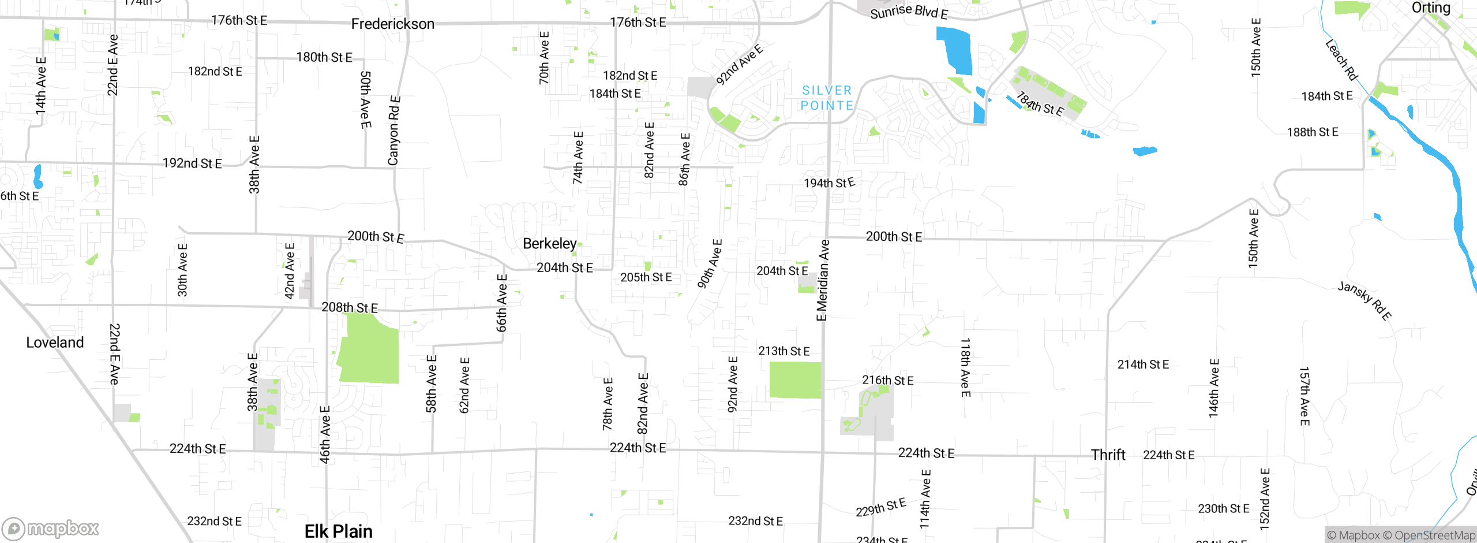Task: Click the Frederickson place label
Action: coord(392,24)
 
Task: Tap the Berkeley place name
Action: coord(549,244)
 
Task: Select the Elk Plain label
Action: coord(338,531)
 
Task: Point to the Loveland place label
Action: coord(55,343)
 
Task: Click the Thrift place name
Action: coord(1108,455)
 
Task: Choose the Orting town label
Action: coord(1430,8)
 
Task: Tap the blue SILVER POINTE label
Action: coord(827,98)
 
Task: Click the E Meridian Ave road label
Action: coord(823,280)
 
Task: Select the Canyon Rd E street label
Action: coord(394,131)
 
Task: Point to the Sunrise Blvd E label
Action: coord(909,12)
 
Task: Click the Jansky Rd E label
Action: coord(1364,300)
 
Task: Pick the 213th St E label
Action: coord(784,351)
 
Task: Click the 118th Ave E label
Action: coord(965,367)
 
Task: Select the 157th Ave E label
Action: coord(1304,396)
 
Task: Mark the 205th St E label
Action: coord(646,277)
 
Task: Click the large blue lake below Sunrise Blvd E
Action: coord(955,51)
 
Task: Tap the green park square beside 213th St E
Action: coord(795,380)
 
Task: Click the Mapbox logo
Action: coord(51,528)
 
